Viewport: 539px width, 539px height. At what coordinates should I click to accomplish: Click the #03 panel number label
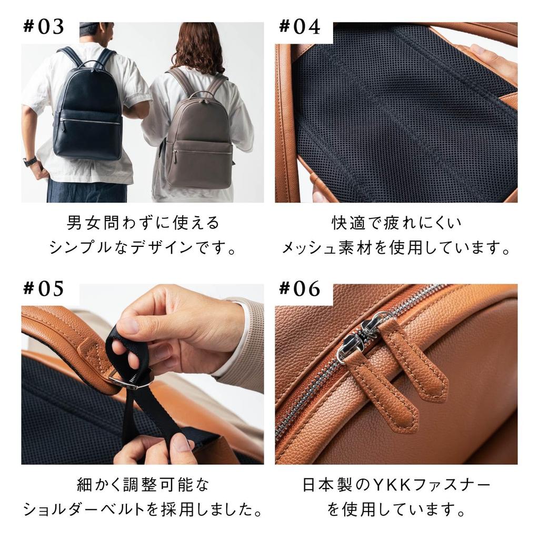pyautogui.click(x=44, y=27)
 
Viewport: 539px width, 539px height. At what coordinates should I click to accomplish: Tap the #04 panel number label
pyautogui.click(x=300, y=27)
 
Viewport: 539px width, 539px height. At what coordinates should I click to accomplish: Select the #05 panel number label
pyautogui.click(x=44, y=288)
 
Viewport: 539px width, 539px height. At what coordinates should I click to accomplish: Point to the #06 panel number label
pyautogui.click(x=300, y=288)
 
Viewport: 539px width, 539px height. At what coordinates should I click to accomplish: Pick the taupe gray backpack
pyautogui.click(x=198, y=142)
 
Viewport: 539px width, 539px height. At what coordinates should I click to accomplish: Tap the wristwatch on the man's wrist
pyautogui.click(x=30, y=162)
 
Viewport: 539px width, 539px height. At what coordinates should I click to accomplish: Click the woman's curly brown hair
pyautogui.click(x=198, y=47)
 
